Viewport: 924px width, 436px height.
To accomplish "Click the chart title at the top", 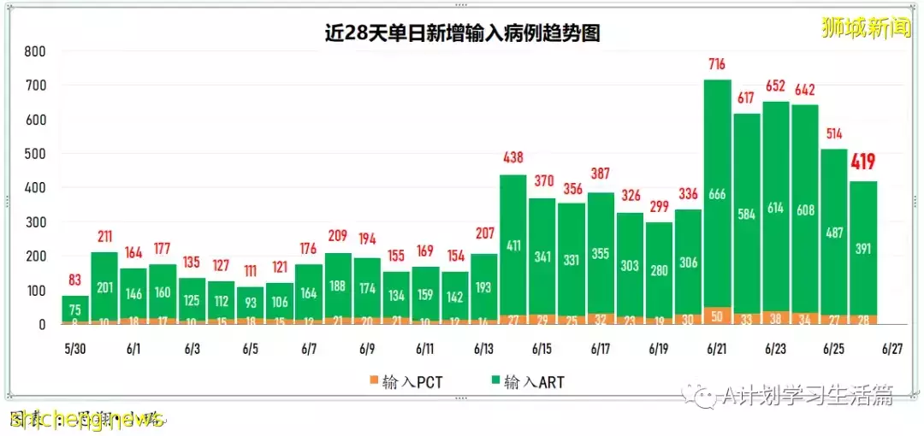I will pos(462,33).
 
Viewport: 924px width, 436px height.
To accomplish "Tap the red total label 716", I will pos(717,64).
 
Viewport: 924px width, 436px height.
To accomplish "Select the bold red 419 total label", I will pos(863,162).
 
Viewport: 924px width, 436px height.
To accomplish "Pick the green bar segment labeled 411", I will pos(512,246).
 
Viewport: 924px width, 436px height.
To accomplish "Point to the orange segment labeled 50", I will pos(717,316).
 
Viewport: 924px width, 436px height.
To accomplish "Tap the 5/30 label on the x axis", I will pos(75,349).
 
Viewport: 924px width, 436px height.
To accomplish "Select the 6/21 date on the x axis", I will pos(717,349).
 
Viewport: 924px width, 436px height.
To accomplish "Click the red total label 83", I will pos(75,280).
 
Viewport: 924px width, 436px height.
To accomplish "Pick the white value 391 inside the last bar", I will pos(863,249).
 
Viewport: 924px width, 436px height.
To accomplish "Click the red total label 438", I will pos(512,158).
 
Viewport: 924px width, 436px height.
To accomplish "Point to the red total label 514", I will pos(834,133).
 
